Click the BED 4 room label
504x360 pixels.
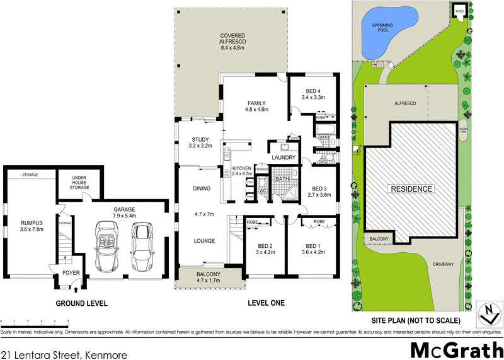coord(313,90)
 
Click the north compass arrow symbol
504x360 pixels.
coord(486,311)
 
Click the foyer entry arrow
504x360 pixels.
coord(76,289)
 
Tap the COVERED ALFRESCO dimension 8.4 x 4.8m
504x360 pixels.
coord(232,47)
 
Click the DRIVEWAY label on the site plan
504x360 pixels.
coord(442,264)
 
